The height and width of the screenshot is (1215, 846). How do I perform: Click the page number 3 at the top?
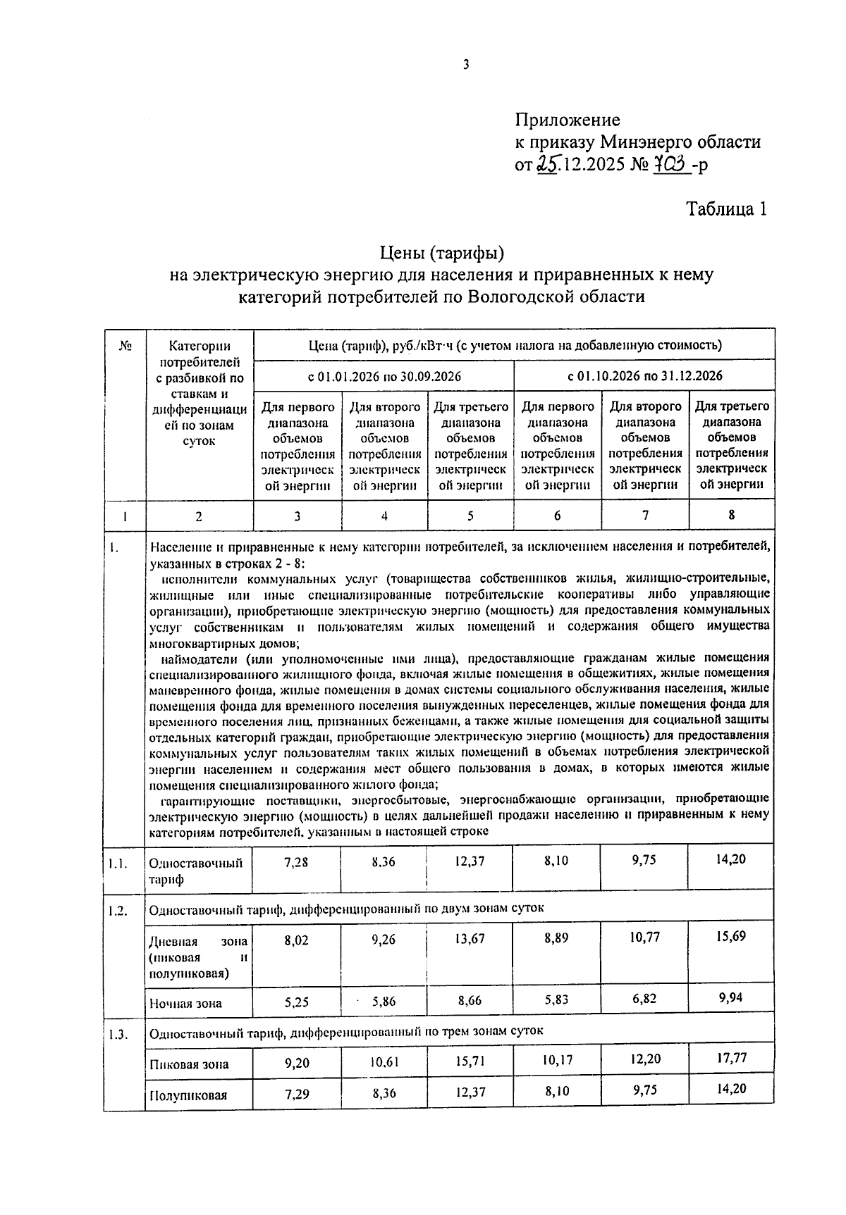(x=465, y=66)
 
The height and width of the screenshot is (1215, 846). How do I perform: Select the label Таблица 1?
(x=726, y=209)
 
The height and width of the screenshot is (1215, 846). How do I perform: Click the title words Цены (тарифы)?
(x=442, y=251)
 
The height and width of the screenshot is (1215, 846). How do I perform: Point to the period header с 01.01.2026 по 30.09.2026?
(x=384, y=376)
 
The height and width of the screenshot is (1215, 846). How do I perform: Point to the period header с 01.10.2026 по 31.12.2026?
(x=645, y=376)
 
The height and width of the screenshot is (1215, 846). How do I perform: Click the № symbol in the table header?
(x=125, y=346)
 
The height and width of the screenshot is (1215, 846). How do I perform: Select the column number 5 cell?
(x=470, y=516)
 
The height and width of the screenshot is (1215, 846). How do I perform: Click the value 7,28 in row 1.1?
(x=296, y=861)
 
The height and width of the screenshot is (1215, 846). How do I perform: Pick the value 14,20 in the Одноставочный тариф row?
(x=730, y=859)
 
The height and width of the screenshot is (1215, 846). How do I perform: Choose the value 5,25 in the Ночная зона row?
(x=296, y=1002)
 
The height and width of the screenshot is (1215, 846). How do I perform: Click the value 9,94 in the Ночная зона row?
(x=730, y=997)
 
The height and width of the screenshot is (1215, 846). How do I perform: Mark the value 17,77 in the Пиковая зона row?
(x=730, y=1057)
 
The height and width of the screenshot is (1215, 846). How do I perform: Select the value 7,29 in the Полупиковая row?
(x=296, y=1094)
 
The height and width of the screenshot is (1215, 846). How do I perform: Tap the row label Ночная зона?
(x=185, y=1004)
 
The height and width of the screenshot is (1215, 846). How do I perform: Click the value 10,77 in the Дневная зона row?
(x=644, y=937)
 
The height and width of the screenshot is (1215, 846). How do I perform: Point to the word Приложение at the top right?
(x=568, y=120)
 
